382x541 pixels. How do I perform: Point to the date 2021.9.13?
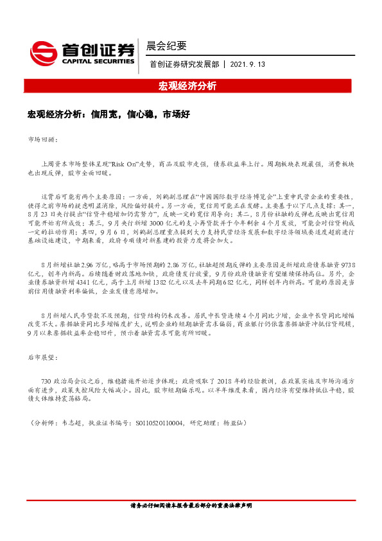coord(247,65)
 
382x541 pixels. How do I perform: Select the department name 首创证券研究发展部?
coord(183,65)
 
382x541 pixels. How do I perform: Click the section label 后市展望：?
coord(44,355)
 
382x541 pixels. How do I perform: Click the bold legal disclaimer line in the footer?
coord(191,524)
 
